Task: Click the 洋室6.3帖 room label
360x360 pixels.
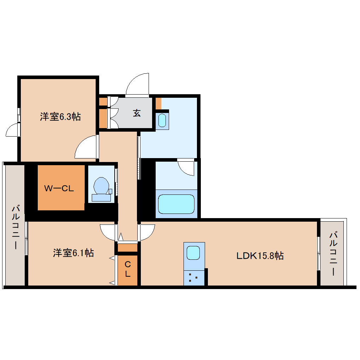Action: [x=60, y=117]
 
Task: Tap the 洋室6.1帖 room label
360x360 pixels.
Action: [x=73, y=253]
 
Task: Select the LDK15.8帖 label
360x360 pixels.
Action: [x=260, y=256]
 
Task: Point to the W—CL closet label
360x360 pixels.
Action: [x=59, y=188]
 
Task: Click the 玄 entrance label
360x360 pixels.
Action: [x=137, y=113]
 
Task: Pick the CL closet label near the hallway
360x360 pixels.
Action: [x=127, y=268]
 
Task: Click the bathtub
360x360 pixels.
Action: [x=176, y=204]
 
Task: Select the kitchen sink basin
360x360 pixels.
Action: [x=193, y=252]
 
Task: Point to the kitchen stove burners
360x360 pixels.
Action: [x=193, y=277]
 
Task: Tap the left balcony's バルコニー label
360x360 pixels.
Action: [x=15, y=226]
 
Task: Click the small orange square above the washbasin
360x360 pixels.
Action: [x=158, y=103]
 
